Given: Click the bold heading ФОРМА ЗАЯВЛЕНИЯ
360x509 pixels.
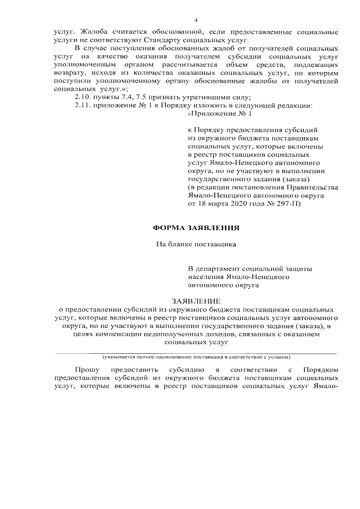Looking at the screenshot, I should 196,228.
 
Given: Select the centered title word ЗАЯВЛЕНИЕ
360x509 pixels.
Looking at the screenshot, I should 196,301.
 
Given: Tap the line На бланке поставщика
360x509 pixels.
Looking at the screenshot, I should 196,245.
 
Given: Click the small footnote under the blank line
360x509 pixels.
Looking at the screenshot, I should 196,357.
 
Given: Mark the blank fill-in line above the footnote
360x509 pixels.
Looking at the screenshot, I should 196,353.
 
